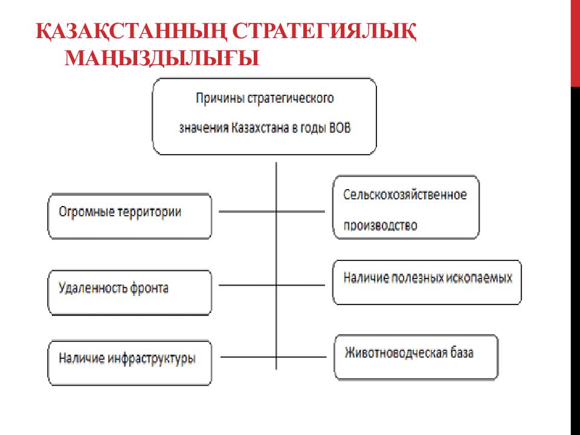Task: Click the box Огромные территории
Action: [x=130, y=216]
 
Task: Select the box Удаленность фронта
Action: [x=130, y=292]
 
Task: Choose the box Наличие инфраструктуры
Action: [x=130, y=362]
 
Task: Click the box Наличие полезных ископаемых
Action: [x=427, y=282]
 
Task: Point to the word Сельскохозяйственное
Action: [x=405, y=196]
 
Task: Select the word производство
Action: [x=381, y=225]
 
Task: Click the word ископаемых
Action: [x=480, y=278]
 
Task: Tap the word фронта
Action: [x=149, y=288]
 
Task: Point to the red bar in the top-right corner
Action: [x=575, y=42]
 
